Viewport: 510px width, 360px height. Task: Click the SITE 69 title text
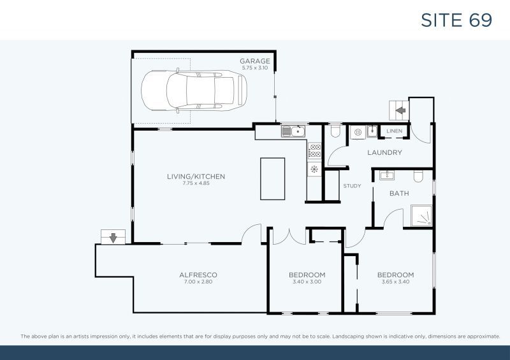click(456, 20)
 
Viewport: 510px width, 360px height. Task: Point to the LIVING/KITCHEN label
click(196, 176)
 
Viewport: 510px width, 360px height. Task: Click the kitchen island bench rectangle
click(272, 178)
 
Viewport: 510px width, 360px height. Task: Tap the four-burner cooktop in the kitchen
click(314, 151)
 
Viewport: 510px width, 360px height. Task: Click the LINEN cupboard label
click(394, 132)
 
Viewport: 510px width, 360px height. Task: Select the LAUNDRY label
click(384, 153)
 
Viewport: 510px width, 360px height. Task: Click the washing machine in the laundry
click(358, 133)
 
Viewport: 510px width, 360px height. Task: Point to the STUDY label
click(352, 187)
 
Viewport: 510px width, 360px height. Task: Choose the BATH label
click(399, 193)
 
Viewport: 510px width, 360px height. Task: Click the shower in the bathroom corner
click(421, 215)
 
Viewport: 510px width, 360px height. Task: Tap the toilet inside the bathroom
click(419, 176)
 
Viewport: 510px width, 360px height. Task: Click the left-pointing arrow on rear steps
click(400, 110)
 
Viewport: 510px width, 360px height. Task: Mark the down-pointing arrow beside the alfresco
click(113, 238)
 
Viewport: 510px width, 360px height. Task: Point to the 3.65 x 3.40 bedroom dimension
click(395, 281)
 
